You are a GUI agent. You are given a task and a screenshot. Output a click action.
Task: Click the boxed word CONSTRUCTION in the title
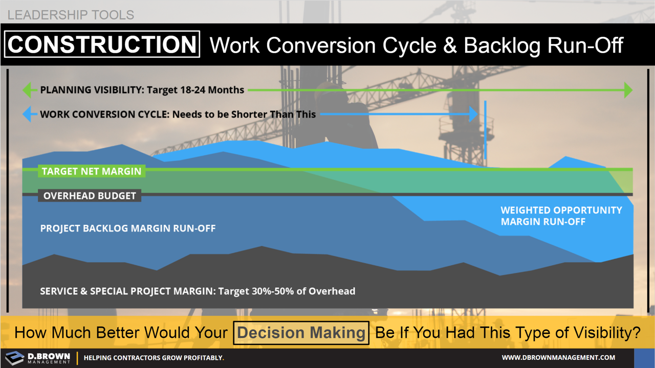click(102, 44)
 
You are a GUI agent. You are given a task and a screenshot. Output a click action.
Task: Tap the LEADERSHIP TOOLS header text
click(71, 14)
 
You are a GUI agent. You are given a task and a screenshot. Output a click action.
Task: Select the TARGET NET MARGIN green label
click(92, 171)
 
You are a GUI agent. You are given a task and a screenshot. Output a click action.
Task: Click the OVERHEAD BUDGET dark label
click(90, 196)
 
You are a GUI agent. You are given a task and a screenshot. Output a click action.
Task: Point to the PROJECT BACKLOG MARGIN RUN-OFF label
click(128, 228)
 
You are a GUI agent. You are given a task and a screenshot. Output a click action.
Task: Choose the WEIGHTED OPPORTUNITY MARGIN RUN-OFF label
click(561, 216)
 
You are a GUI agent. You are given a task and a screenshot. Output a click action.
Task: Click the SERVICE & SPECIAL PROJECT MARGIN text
click(128, 291)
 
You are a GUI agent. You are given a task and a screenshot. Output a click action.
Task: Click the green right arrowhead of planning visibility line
click(628, 90)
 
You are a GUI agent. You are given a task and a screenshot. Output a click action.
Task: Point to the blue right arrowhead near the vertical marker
click(473, 114)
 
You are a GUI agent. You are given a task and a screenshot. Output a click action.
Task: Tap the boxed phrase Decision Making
click(301, 333)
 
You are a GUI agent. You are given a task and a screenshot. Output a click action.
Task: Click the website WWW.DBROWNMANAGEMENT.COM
click(558, 358)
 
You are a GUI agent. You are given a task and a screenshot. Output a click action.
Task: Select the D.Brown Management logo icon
click(14, 358)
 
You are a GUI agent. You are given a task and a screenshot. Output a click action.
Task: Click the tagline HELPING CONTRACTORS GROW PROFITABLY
click(154, 358)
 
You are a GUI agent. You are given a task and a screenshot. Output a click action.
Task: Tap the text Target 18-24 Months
click(195, 90)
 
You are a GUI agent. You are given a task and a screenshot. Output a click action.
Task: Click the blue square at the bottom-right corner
click(644, 358)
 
